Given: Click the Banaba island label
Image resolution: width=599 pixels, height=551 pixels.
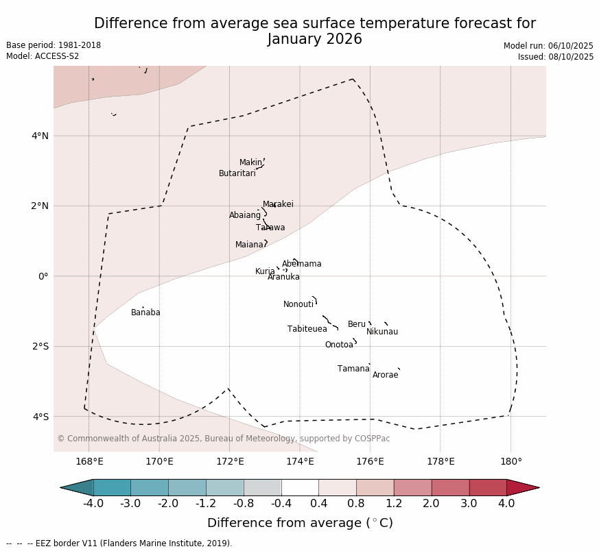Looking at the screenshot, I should (x=145, y=313).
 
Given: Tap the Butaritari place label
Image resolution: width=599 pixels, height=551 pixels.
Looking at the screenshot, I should (x=237, y=173).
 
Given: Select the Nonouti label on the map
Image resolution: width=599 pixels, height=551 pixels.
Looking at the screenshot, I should (x=298, y=304).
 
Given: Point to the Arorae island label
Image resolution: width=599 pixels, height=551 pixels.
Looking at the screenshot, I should (x=386, y=375).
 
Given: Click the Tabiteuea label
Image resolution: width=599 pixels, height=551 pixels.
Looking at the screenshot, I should (x=307, y=329).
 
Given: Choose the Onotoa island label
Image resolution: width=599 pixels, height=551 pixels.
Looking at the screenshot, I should (x=339, y=345).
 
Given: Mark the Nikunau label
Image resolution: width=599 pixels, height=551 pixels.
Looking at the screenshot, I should (x=382, y=332).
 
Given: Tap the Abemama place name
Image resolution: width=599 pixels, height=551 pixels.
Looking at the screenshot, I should (x=302, y=264).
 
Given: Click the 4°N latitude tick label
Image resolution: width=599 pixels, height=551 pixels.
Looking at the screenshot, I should (x=40, y=136).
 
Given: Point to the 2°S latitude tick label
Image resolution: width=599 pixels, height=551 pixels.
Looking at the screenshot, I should (x=40, y=346).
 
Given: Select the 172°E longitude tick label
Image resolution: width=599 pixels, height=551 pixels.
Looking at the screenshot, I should (x=230, y=461).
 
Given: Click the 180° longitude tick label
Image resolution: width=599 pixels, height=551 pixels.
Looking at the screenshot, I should (x=511, y=461).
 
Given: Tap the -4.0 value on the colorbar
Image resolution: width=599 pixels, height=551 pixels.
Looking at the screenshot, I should (x=93, y=504).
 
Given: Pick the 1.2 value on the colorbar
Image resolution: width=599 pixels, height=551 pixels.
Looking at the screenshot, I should (x=394, y=504).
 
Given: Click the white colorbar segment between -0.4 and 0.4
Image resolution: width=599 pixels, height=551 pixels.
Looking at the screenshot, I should (x=300, y=487).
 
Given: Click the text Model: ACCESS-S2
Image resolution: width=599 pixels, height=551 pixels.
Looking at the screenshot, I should (x=43, y=56).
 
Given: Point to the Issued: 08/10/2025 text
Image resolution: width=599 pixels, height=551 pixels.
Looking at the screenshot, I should (x=556, y=57).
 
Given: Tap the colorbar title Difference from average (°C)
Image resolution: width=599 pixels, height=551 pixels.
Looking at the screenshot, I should (x=300, y=523).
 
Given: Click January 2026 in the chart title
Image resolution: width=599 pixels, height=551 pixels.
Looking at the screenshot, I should (x=315, y=39).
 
